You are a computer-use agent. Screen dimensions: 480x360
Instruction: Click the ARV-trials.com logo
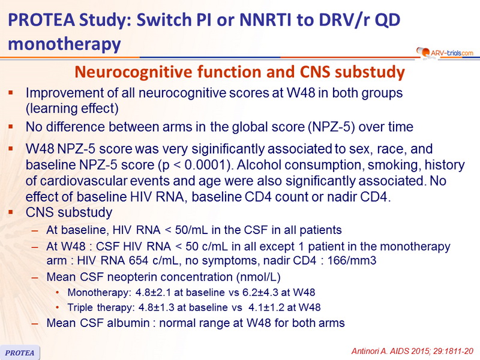[445, 53]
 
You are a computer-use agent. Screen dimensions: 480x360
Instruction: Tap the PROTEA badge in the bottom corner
[20, 352]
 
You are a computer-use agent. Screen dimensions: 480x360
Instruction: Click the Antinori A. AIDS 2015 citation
[412, 351]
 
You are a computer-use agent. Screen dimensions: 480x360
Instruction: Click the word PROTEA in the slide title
[41, 20]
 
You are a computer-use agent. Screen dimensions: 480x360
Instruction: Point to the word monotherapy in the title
[64, 44]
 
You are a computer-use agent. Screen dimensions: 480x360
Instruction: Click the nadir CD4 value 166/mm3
[352, 260]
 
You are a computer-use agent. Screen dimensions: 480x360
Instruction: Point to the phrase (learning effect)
[72, 109]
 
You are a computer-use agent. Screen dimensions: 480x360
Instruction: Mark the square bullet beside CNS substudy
[11, 212]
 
